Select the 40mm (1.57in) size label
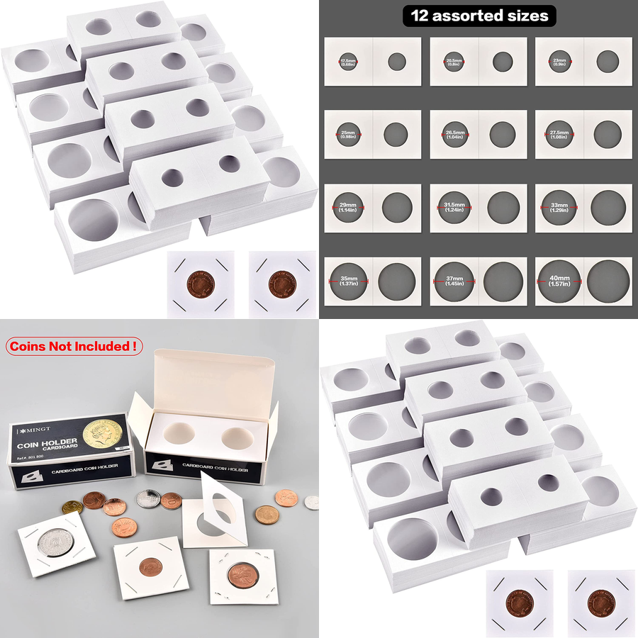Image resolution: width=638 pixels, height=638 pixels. [x=559, y=281]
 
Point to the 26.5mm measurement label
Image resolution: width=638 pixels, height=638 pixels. [x=454, y=135]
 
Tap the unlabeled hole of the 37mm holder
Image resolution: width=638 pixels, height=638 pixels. [x=503, y=281]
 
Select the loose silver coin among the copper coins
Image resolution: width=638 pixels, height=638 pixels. [x=147, y=499]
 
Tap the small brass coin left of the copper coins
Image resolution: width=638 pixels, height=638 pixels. [x=72, y=508]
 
